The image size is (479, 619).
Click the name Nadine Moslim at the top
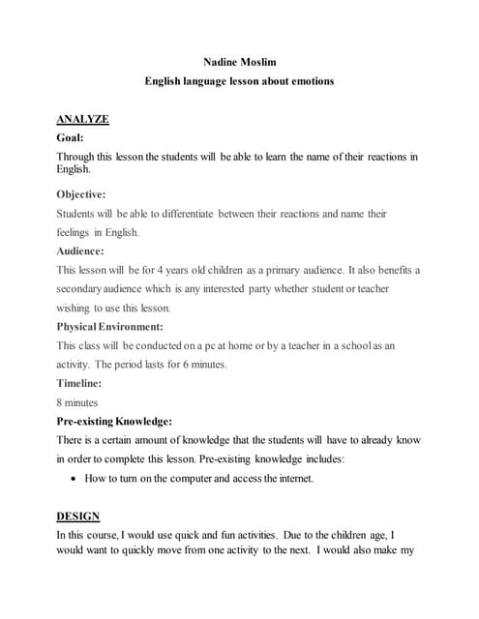tap(239, 61)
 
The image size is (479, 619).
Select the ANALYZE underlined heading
tap(82, 119)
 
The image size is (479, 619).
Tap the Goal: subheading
tap(71, 138)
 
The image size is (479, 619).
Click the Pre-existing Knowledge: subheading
tap(114, 421)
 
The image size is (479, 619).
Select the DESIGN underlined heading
tap(77, 516)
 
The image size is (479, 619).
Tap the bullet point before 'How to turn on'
tap(75, 478)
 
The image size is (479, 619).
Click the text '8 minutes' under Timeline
tap(77, 402)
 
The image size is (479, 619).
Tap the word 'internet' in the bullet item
tap(288, 478)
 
